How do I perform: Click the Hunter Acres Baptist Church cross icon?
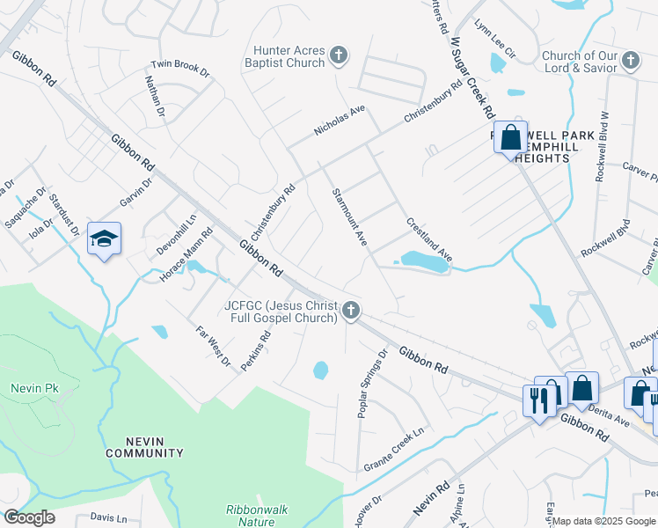click(x=338, y=58)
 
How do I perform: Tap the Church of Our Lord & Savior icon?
click(x=630, y=61)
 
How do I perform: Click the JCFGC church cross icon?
click(x=351, y=309)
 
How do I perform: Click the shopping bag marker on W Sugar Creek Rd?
click(x=511, y=137)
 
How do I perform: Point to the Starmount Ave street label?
click(x=348, y=216)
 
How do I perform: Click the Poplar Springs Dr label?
click(x=372, y=383)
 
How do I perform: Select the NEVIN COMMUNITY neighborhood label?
click(x=145, y=447)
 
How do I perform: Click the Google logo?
click(x=29, y=517)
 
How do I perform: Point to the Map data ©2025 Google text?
click(x=603, y=521)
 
